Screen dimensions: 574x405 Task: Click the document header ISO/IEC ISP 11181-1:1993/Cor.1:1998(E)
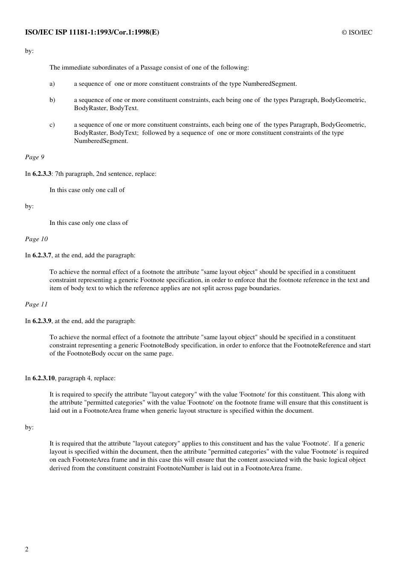92,32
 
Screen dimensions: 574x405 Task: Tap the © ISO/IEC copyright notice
357,32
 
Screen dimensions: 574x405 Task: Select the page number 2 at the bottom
27,549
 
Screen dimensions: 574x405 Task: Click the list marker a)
52,84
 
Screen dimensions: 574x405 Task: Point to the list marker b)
52,100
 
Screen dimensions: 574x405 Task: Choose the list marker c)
52,125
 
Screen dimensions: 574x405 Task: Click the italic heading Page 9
35,157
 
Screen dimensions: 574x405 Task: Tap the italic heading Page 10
36,239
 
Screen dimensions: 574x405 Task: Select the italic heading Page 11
36,304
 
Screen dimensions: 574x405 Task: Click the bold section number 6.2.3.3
42,174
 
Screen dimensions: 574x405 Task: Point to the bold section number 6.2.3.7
42,255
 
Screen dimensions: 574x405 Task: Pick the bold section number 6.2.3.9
42,321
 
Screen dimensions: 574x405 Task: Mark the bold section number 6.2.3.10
43,378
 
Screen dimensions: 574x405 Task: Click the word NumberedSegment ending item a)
269,84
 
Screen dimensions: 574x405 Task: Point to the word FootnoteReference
319,345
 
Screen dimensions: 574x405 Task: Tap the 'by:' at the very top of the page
29,51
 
